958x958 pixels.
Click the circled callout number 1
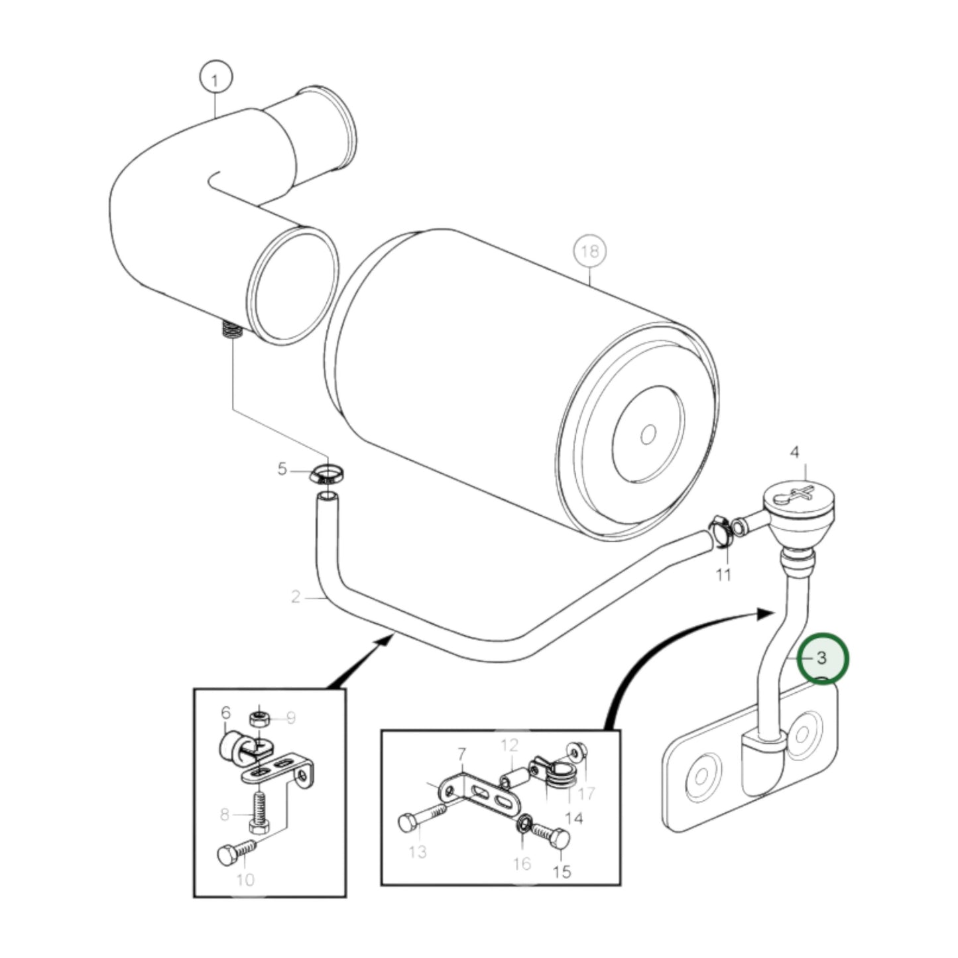215,81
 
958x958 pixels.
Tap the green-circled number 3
822,658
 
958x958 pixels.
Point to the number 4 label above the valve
794,453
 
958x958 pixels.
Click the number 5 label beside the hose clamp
282,469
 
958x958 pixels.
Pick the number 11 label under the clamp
723,574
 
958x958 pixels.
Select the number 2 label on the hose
296,597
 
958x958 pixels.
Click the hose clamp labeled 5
326,474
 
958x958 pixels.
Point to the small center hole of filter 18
648,434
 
